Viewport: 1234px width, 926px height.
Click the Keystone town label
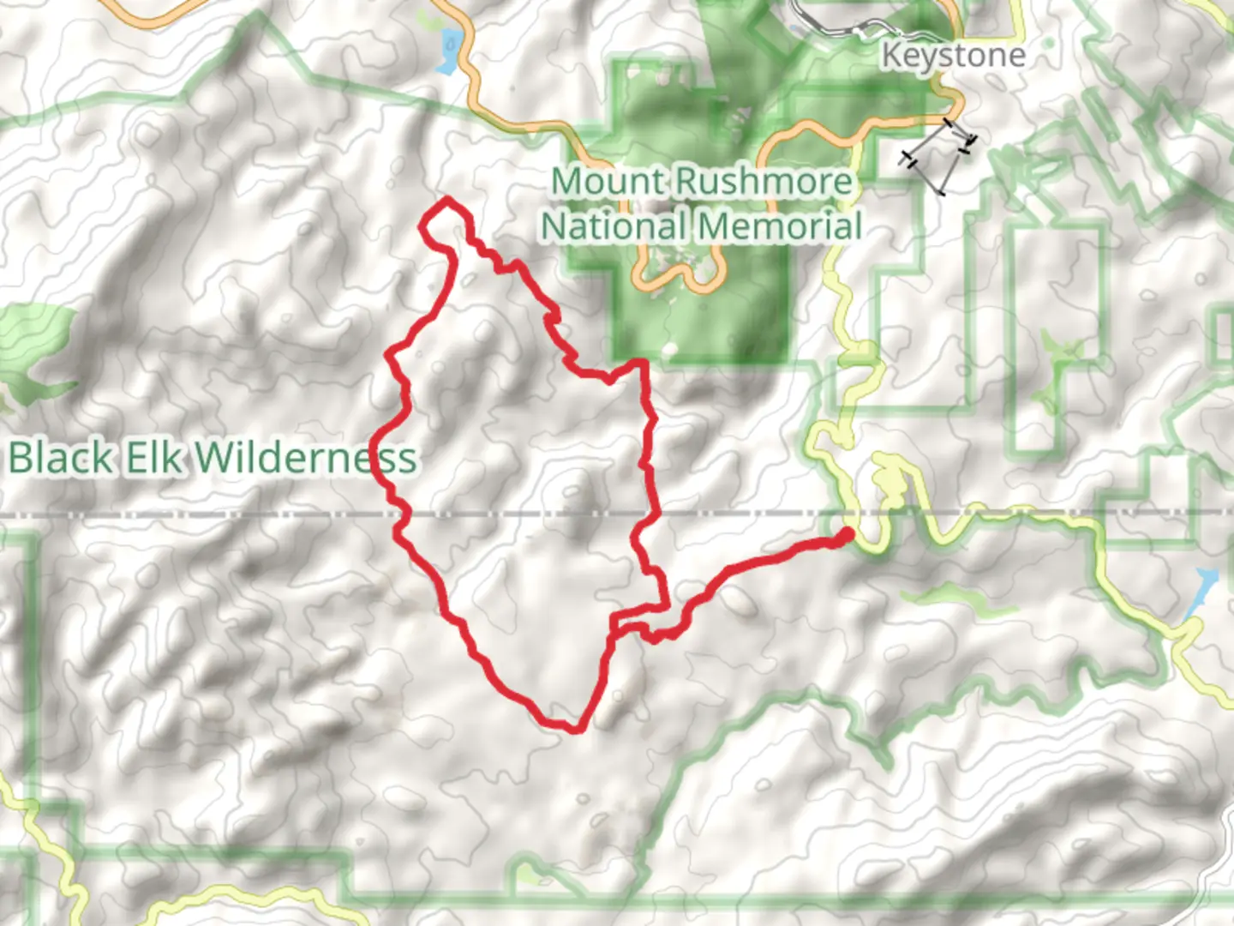click(x=953, y=56)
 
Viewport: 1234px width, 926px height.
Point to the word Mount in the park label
click(x=608, y=182)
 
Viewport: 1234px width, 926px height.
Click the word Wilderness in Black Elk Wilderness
click(x=305, y=458)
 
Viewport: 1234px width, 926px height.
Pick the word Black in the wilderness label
click(x=60, y=458)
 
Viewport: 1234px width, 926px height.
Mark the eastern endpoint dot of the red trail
click(x=847, y=536)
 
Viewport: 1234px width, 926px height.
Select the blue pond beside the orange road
click(x=447, y=51)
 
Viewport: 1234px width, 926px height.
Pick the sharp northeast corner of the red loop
click(x=641, y=364)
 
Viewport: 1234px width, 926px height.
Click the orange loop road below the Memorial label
click(x=677, y=279)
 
